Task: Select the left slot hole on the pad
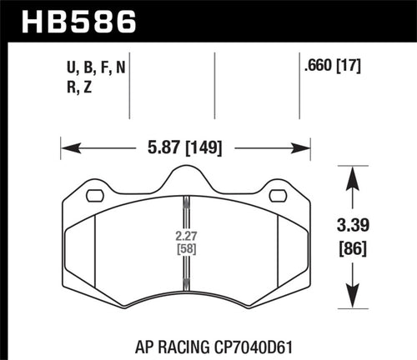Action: pos(95,197)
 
